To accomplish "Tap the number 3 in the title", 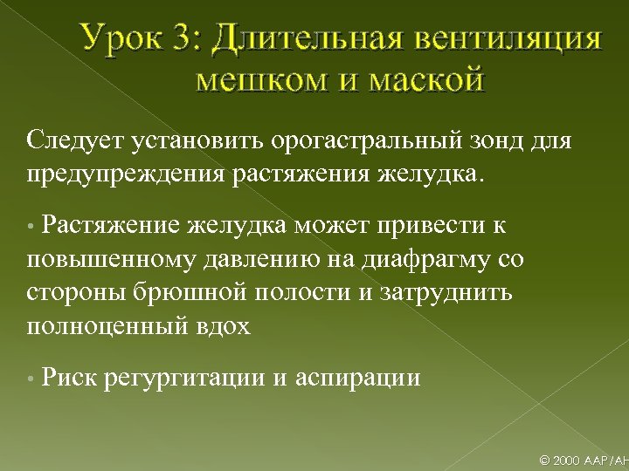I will point(191,40).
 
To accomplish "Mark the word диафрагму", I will point(421,260).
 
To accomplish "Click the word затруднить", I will point(446,292).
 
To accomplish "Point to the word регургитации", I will point(187,379).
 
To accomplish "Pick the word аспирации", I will point(358,379).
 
